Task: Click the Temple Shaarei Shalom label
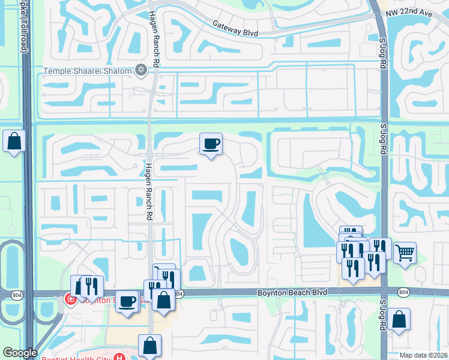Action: [87, 71]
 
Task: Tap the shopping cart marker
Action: [405, 253]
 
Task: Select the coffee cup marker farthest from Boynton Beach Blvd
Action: [211, 144]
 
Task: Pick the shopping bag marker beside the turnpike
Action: [14, 142]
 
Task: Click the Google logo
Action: [20, 353]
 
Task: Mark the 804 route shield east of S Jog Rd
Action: [403, 292]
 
